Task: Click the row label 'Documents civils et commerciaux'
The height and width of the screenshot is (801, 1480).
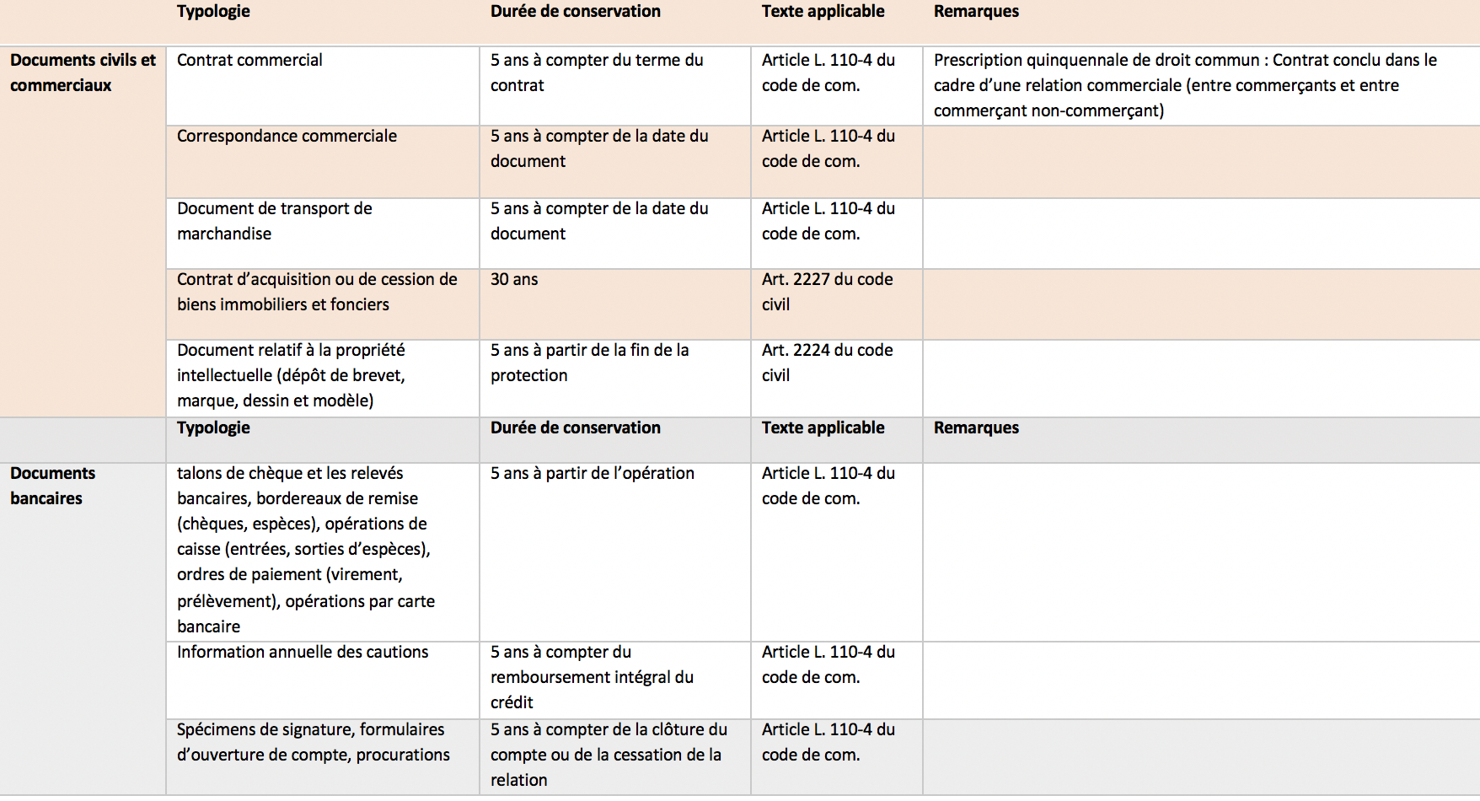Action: click(x=83, y=73)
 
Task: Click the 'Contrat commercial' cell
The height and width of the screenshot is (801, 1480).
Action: click(x=249, y=61)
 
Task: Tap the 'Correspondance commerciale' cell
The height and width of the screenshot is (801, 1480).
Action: click(x=287, y=137)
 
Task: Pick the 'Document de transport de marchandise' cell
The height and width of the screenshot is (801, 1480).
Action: click(x=275, y=221)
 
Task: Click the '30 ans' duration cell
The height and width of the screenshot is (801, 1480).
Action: click(x=514, y=280)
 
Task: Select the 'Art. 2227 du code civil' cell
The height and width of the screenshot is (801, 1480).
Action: click(x=827, y=292)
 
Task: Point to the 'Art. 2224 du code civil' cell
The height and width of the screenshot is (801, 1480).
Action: click(x=827, y=363)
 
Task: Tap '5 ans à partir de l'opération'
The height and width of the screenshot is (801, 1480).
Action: click(x=593, y=474)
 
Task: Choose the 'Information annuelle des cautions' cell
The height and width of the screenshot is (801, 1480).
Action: click(x=303, y=653)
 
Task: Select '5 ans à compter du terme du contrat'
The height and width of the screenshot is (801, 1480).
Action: click(x=597, y=73)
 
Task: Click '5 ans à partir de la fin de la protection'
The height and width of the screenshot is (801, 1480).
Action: click(x=589, y=363)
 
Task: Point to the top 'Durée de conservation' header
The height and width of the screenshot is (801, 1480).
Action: click(x=576, y=12)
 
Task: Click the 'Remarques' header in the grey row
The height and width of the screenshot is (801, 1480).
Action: click(x=976, y=428)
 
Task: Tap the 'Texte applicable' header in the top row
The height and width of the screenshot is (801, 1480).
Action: click(x=823, y=12)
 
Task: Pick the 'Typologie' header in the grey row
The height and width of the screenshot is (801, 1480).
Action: click(x=213, y=428)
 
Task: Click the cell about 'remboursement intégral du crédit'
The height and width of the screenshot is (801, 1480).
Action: click(x=592, y=677)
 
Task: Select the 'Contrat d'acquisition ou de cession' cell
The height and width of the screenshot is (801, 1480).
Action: click(x=317, y=292)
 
